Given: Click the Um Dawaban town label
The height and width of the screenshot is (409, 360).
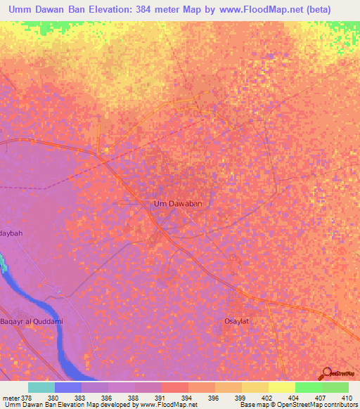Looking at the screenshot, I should point(178,204).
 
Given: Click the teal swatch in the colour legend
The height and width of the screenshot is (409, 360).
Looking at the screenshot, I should point(41,387).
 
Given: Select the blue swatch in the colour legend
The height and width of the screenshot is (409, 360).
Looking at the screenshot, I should point(68,387).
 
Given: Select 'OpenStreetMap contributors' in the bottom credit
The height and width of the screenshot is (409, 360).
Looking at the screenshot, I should point(319,405).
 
